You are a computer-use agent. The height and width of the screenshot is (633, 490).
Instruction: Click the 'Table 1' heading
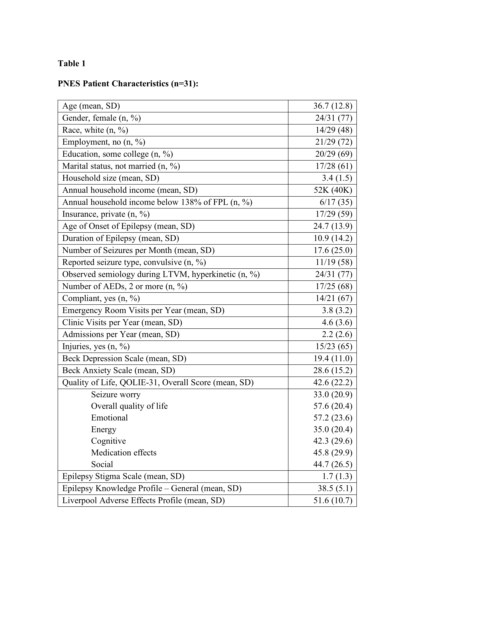(72, 63)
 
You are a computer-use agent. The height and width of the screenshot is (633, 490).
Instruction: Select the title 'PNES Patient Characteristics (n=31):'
(128, 84)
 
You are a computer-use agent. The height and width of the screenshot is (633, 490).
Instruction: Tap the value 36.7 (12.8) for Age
(333, 106)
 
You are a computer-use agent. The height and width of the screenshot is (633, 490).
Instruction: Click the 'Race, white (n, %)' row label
(95, 130)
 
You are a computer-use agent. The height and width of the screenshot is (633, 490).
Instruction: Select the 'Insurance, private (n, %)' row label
(106, 214)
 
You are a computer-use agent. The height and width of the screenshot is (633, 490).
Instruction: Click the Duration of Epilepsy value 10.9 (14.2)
(333, 238)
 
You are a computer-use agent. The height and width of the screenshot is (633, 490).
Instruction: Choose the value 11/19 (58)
(334, 262)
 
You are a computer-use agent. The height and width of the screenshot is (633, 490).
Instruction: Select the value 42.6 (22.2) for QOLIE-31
(333, 383)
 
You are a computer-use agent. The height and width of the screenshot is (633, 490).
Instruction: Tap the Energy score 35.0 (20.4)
(333, 429)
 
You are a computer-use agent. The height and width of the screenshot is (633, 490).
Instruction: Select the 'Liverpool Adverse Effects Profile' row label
(143, 500)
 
